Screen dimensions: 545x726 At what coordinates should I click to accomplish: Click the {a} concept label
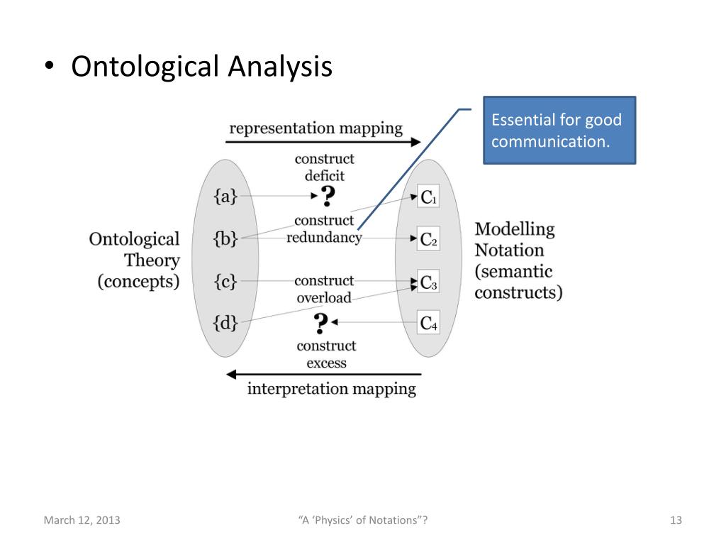coord(225,197)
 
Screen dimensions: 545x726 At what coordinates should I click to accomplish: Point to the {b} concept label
coord(225,239)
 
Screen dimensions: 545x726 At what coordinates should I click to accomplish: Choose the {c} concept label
coord(225,282)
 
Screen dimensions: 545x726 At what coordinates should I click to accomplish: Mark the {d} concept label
coord(225,324)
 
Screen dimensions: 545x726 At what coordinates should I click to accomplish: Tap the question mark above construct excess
coord(321,324)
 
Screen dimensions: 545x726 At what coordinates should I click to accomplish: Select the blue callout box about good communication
coord(559,131)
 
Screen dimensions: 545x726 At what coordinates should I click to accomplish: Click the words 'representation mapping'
coord(315,128)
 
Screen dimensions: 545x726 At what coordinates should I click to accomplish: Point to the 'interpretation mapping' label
coord(331,388)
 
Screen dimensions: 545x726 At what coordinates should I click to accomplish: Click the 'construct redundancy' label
coord(324,229)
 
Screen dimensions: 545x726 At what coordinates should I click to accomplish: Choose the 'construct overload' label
coord(324,289)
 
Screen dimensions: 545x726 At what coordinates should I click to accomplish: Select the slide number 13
coord(675,520)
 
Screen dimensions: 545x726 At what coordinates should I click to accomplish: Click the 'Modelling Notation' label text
coord(514,239)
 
